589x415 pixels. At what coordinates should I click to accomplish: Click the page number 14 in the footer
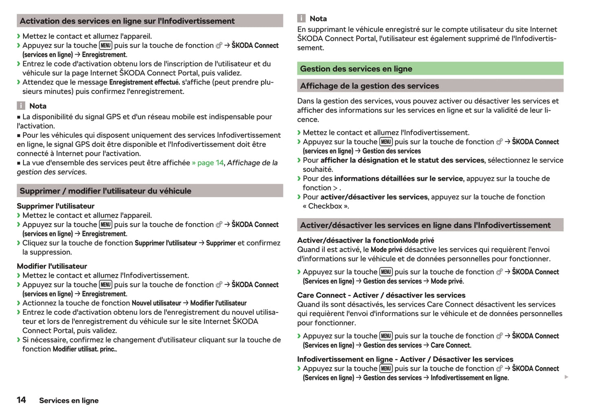[21, 400]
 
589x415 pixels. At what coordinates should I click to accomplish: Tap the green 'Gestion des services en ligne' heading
[356, 69]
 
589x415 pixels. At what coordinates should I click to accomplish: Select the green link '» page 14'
[208, 163]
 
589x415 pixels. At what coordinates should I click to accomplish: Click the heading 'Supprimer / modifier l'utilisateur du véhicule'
[105, 191]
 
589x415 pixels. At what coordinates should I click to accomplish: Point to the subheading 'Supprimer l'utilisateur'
[55, 206]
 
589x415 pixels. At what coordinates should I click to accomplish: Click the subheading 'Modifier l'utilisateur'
[52, 266]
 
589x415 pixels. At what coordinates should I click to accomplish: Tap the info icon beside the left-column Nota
[21, 106]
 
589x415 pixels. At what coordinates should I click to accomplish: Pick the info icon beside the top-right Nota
[301, 18]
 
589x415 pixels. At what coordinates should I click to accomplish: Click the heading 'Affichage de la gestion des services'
[369, 86]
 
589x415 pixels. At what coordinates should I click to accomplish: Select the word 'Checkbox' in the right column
[325, 206]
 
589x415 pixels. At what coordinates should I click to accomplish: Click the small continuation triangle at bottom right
[566, 377]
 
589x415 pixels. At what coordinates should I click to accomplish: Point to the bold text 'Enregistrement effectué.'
[144, 82]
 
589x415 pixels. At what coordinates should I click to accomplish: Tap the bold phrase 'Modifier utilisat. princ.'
[85, 349]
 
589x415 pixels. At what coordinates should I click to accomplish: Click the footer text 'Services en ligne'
[69, 401]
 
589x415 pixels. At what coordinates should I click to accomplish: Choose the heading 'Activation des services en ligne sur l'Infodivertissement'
[127, 21]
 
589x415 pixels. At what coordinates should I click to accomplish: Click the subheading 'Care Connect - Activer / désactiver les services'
[381, 295]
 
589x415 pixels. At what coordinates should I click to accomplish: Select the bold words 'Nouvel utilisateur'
[156, 303]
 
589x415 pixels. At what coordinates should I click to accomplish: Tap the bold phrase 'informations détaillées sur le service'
[398, 178]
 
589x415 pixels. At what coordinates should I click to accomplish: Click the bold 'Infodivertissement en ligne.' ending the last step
[470, 378]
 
